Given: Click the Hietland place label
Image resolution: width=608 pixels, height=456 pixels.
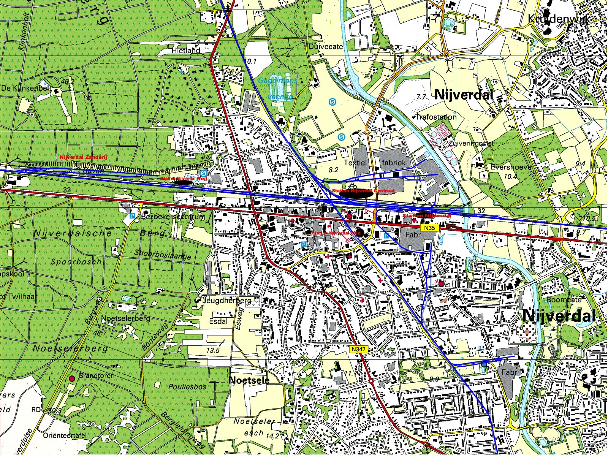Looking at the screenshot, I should (186, 50).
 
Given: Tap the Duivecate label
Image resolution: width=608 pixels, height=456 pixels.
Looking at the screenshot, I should (326, 46).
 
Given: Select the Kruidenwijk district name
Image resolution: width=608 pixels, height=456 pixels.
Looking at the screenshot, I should (559, 19).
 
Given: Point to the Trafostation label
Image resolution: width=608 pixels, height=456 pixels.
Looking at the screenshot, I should (436, 117).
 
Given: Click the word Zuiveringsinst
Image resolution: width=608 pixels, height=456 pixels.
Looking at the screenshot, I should (471, 143).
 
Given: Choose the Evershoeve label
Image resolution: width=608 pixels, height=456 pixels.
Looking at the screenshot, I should (511, 167).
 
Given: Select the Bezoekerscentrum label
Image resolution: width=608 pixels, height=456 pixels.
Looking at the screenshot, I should (173, 217).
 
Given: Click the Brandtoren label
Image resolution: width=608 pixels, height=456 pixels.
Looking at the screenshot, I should (97, 375).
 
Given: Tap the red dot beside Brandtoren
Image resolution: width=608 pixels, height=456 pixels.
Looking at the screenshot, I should (71, 378).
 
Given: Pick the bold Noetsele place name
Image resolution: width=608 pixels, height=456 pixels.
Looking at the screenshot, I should (250, 380).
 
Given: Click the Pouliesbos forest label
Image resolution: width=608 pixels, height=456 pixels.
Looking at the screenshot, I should (187, 387).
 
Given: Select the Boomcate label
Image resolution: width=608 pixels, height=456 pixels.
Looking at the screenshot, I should (564, 299).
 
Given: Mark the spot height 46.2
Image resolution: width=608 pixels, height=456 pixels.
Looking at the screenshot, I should (67, 81).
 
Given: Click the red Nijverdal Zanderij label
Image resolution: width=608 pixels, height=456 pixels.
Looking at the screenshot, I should (79, 157).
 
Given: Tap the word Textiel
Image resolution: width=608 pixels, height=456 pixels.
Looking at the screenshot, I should (355, 163).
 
